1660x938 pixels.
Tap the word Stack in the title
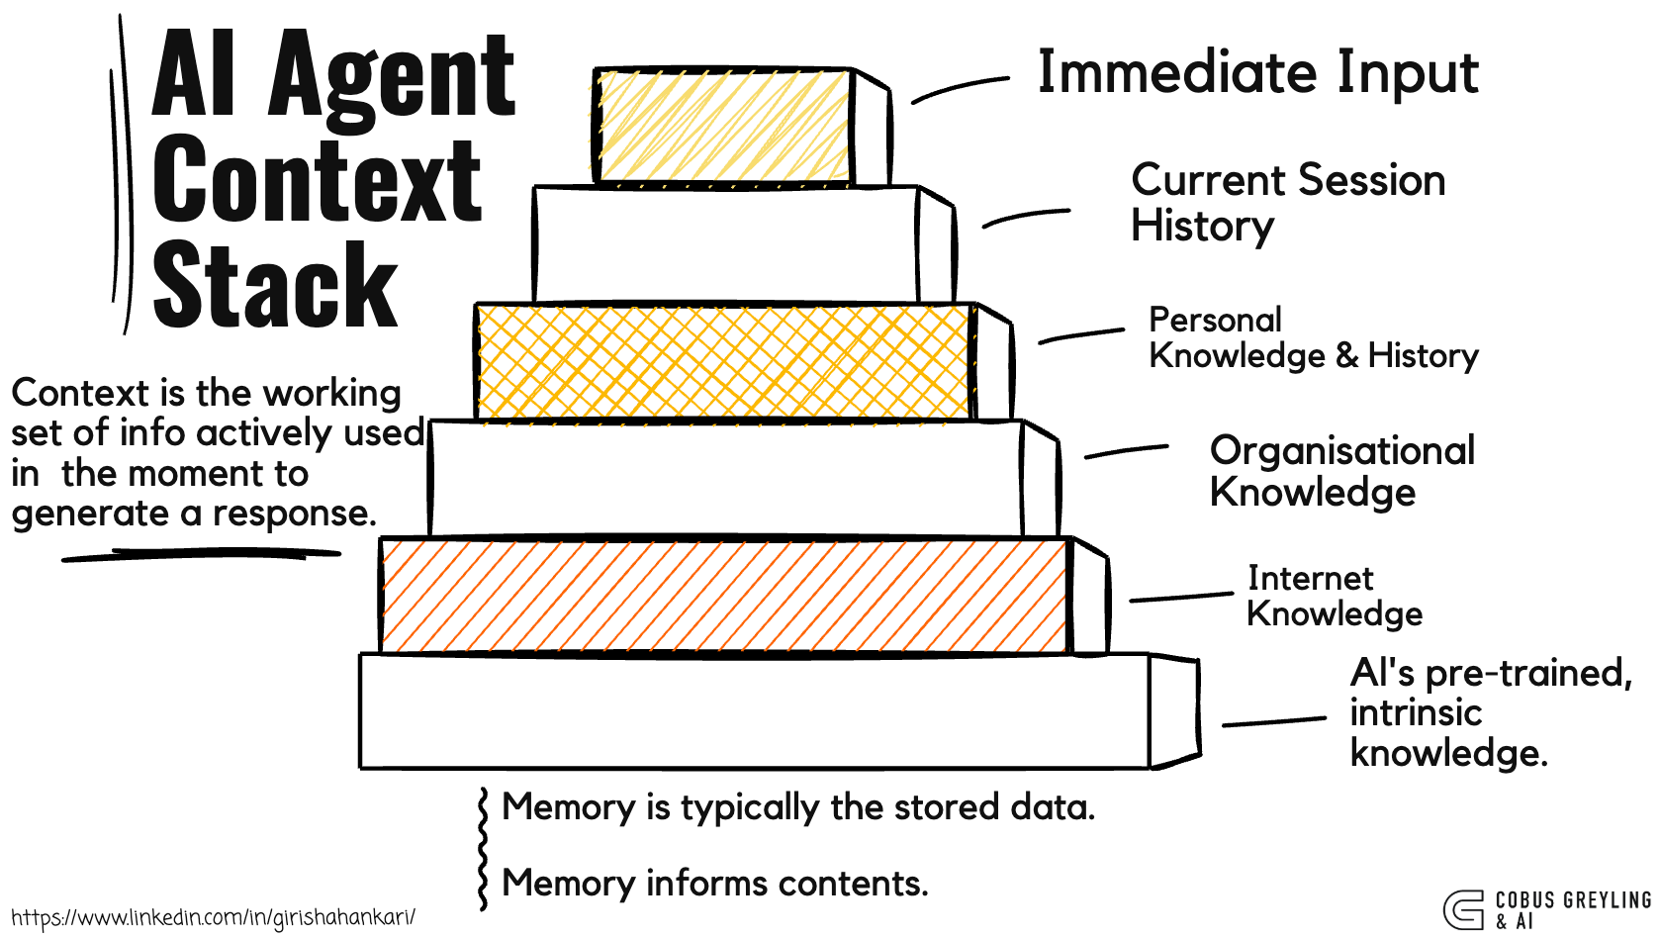click(275, 287)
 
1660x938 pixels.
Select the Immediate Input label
click(1257, 73)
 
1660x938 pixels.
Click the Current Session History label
click(1287, 203)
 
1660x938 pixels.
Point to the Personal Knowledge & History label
click(1313, 337)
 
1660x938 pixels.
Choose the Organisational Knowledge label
click(1341, 471)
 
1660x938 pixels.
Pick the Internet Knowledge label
click(1334, 596)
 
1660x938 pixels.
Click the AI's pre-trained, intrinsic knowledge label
click(1490, 712)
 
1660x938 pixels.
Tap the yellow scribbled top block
click(723, 126)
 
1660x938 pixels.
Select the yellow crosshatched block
click(723, 361)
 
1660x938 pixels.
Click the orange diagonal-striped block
click(725, 596)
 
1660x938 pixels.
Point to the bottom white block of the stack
click(754, 710)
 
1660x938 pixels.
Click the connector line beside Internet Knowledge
click(1180, 597)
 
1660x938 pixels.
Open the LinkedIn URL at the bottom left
click(213, 917)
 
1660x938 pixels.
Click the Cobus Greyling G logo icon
click(1463, 909)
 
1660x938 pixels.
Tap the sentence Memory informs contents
click(715, 883)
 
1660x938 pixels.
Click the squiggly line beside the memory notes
click(483, 848)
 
